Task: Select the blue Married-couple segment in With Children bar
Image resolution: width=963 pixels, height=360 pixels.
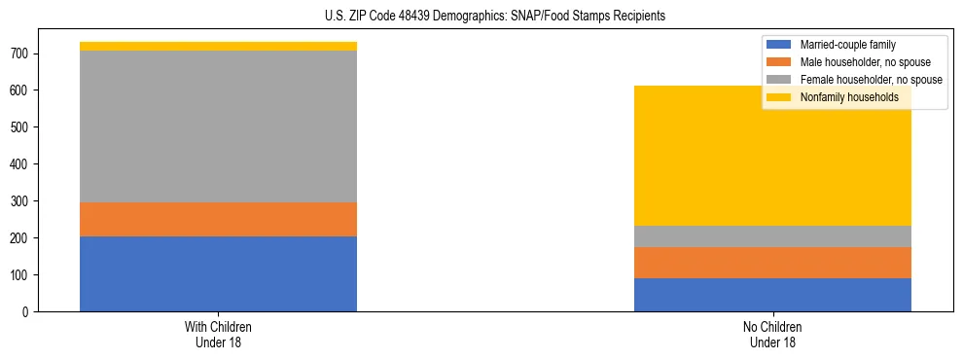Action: coord(218,273)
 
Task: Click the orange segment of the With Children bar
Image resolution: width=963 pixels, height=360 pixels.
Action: coord(218,219)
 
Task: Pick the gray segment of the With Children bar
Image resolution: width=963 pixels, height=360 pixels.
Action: coord(218,126)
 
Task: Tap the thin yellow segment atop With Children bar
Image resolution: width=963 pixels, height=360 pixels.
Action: coord(218,46)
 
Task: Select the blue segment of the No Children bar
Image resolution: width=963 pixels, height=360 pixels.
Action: coord(772,295)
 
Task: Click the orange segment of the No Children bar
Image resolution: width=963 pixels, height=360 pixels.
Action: coord(772,263)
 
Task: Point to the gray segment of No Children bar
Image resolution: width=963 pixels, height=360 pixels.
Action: coord(772,236)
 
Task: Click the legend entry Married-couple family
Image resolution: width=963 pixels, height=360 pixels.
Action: coord(847,45)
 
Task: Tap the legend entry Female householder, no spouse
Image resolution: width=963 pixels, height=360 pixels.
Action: coord(871,80)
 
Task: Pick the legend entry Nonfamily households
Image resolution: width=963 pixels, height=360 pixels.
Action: coord(849,97)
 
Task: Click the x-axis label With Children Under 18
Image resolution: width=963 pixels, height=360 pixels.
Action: coord(218,334)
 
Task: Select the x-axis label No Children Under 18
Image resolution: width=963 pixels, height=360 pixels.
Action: coord(772,334)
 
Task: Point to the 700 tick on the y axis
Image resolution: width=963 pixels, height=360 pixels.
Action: coord(20,54)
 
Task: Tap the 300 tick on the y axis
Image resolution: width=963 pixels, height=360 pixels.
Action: coord(20,201)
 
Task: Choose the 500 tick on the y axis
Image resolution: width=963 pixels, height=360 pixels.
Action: coord(20,127)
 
